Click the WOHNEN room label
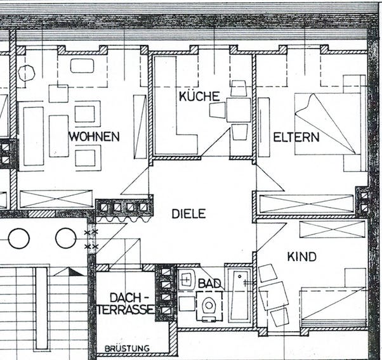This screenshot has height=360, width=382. pos(94,136)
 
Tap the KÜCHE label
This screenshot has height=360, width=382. pos(199,96)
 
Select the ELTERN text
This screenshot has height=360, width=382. pos(296,137)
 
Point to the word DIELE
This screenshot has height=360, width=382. pos(188,214)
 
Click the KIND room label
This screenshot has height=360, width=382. pos(301,257)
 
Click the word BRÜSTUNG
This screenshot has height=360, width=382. pos(127,349)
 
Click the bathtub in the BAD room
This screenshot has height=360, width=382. pos(240,295)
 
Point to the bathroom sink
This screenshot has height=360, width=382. pos(187,279)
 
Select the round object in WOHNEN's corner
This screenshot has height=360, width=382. pos(26,73)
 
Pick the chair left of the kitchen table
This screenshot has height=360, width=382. pos(217,110)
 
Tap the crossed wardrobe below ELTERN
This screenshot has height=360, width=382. pos(306,204)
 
